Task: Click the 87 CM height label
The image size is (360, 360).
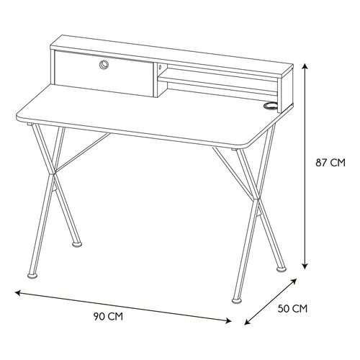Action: (x=330, y=163)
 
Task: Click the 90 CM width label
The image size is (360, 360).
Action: (x=108, y=317)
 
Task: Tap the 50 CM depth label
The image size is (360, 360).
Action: (x=292, y=309)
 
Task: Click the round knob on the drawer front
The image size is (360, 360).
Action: (x=104, y=65)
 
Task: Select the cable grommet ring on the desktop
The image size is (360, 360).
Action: (x=271, y=106)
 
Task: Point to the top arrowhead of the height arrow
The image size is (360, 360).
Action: (x=305, y=66)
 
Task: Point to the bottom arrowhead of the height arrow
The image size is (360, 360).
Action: (x=305, y=266)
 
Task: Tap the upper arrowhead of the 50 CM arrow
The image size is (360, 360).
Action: (x=294, y=281)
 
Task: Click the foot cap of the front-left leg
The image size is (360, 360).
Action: (x=32, y=275)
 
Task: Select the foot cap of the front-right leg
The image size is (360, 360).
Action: (x=237, y=300)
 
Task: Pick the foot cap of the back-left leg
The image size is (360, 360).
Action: (x=77, y=244)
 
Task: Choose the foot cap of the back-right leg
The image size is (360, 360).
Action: (x=282, y=269)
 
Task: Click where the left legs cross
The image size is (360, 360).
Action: (x=53, y=174)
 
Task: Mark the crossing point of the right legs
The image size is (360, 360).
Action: (x=256, y=199)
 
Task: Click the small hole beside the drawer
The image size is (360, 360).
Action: (x=160, y=68)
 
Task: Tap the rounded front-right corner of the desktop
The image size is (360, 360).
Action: (x=250, y=143)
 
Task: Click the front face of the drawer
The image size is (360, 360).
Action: (x=104, y=73)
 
